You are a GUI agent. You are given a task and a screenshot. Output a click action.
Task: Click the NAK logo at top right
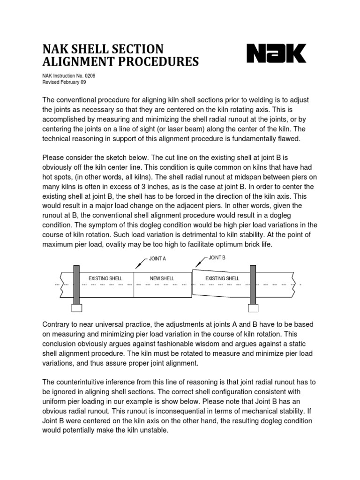tap(277, 53)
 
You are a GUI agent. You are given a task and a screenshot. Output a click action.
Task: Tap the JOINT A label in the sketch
tap(157, 258)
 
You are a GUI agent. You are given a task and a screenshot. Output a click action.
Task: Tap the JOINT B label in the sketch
tap(217, 258)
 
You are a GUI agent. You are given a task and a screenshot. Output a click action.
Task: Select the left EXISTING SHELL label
tap(105, 278)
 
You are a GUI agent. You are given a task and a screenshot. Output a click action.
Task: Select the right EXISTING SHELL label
tap(223, 278)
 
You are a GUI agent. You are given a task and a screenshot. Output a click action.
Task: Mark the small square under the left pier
tap(76, 308)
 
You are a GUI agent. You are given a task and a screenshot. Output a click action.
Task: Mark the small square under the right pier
tap(253, 308)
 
